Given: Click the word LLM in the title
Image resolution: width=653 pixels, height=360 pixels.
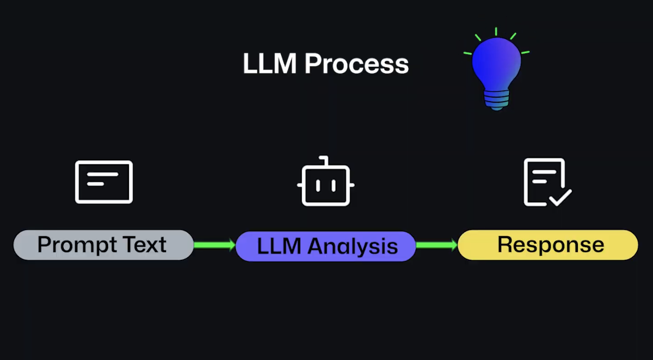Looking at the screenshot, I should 270,64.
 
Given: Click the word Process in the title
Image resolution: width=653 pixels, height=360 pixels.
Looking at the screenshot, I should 357,64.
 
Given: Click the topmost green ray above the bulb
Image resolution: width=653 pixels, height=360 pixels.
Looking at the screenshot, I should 496,31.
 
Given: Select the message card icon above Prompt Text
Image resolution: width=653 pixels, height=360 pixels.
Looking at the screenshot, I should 104,182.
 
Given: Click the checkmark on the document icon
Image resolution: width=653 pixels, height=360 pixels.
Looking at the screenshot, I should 560,198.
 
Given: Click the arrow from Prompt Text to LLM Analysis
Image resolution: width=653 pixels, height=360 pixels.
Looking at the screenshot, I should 215,245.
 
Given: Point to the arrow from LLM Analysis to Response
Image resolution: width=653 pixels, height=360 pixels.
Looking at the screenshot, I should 437,245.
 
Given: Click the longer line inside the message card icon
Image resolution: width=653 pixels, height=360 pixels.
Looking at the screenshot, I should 103,175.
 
